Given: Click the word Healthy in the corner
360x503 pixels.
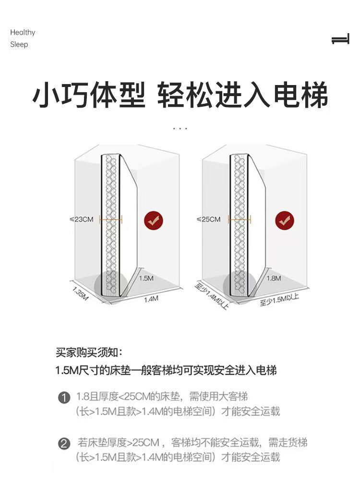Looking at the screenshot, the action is tap(23, 33).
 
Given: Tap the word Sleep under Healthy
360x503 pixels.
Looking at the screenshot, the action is tap(19, 45).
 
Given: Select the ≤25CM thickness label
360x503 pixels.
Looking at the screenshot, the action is tap(209, 220).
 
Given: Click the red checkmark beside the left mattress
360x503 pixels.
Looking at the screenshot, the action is tap(154, 221).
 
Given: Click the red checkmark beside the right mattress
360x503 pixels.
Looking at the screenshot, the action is tap(285, 221).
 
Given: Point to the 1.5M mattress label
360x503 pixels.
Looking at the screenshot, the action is tap(146, 278).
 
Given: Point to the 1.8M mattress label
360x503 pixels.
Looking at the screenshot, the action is tap(274, 278).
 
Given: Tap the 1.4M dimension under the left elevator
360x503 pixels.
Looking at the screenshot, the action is tap(151, 299).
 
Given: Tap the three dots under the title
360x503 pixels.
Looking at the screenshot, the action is tap(180, 129).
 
